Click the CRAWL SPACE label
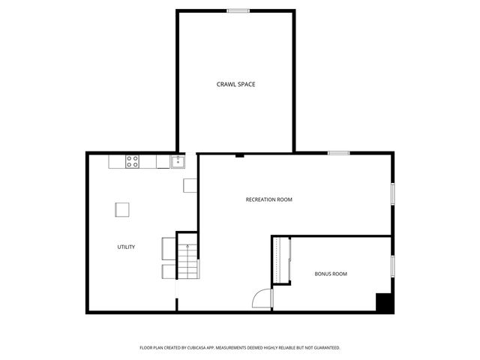[x=235, y=85]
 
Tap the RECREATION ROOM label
[x=268, y=199]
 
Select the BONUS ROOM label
[x=330, y=274]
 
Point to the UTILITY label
[x=125, y=247]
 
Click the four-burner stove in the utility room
[x=132, y=160]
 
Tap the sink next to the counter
[x=178, y=160]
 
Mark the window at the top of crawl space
[x=238, y=10]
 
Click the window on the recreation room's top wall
[x=338, y=153]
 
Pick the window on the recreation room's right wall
[x=391, y=193]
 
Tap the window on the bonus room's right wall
[x=391, y=266]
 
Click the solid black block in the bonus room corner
[x=384, y=302]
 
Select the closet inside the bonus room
[x=281, y=260]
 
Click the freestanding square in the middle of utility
[x=122, y=209]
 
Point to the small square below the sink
[x=190, y=185]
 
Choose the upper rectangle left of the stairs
[x=169, y=247]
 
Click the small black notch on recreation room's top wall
[x=238, y=155]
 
